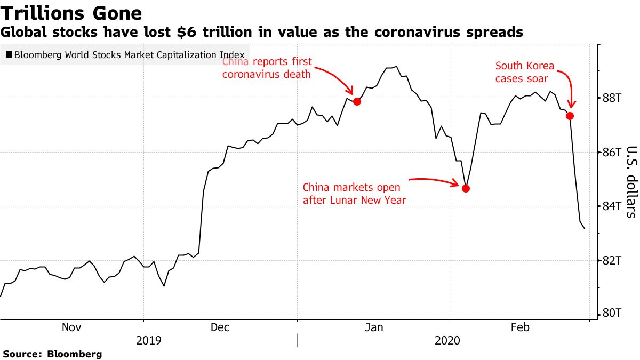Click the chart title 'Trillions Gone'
coord(71,13)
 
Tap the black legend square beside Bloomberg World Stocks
coord(9,54)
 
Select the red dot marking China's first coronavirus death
coord(357,101)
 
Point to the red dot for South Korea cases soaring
coord(570,116)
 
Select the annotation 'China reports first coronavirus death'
coord(267,68)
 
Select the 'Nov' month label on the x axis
coord(71,327)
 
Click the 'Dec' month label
coord(220,327)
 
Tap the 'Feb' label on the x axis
coord(520,327)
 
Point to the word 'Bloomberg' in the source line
coord(75,354)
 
